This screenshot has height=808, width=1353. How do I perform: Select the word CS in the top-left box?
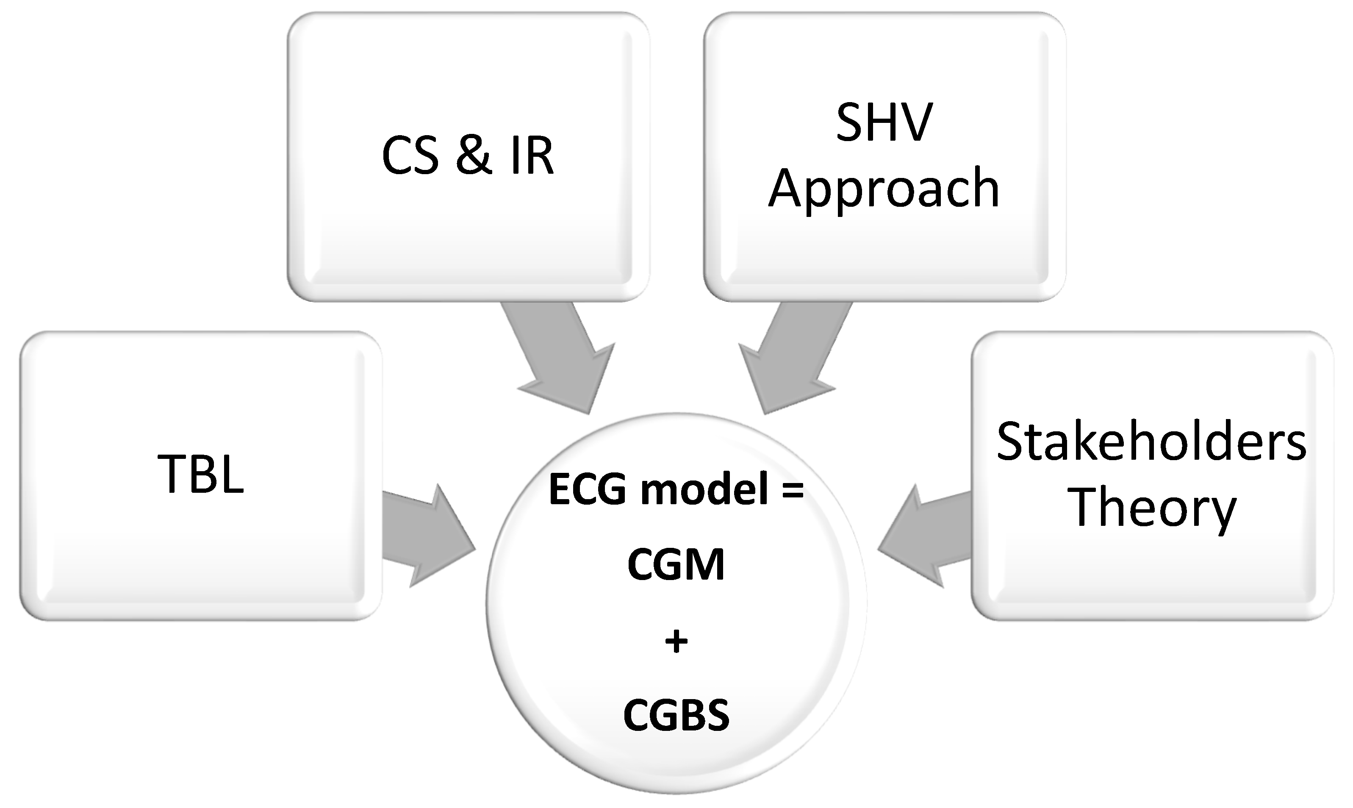point(410,156)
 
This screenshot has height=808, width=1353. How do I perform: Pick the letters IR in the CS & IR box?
point(532,156)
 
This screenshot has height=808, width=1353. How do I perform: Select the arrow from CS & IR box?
point(560,359)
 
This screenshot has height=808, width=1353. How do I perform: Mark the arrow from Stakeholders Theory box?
point(925,536)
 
